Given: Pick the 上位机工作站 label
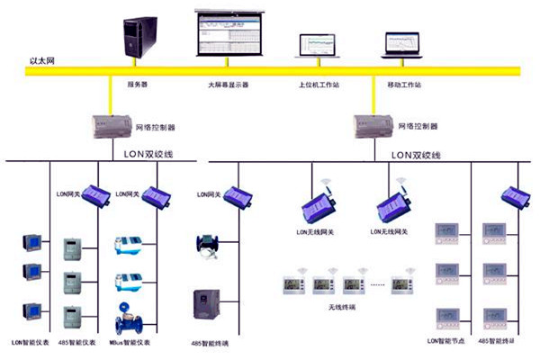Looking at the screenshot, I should [318, 85].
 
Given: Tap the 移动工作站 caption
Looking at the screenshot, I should [403, 85].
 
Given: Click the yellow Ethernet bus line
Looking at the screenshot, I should [270, 69].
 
